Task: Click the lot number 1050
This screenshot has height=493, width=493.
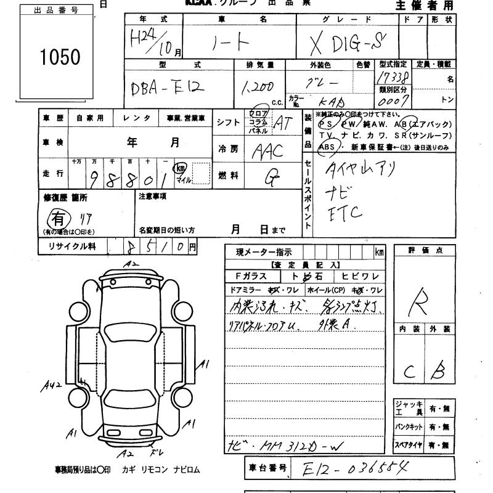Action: pyautogui.click(x=60, y=57)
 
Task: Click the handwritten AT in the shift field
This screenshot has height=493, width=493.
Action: pyautogui.click(x=283, y=123)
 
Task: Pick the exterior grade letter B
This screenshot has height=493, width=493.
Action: pyautogui.click(x=438, y=371)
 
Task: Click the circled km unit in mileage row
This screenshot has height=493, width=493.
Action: pyautogui.click(x=181, y=167)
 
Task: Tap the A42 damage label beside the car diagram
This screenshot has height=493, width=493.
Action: pyautogui.click(x=53, y=386)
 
